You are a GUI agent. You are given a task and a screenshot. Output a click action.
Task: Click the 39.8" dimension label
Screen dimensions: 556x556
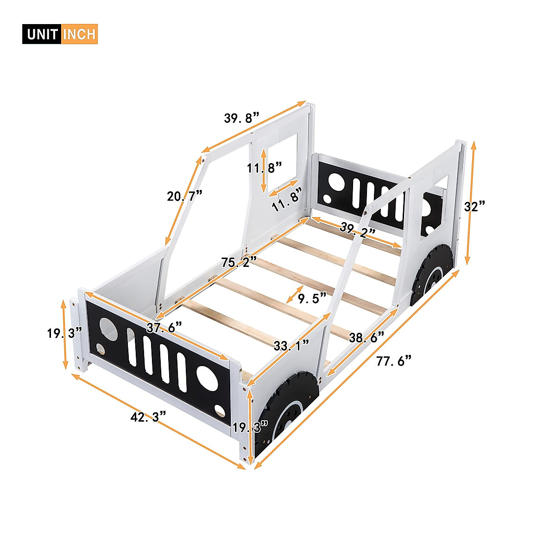click(241, 118)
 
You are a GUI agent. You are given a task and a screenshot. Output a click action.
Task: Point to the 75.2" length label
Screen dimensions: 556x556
click(239, 263)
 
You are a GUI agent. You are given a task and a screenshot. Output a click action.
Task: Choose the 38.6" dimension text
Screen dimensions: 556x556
click(367, 337)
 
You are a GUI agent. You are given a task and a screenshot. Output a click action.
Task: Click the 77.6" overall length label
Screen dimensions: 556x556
click(394, 360)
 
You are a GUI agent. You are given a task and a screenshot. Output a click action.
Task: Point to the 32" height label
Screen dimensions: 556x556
click(475, 206)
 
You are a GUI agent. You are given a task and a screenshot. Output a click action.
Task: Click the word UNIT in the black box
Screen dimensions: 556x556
click(42, 34)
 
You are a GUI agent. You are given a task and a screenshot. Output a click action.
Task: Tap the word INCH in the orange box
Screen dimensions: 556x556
click(79, 34)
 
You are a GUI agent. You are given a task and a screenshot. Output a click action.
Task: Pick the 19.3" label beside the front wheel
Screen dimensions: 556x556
click(251, 427)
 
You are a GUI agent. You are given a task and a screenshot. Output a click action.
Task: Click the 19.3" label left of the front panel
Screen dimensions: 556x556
click(64, 333)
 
